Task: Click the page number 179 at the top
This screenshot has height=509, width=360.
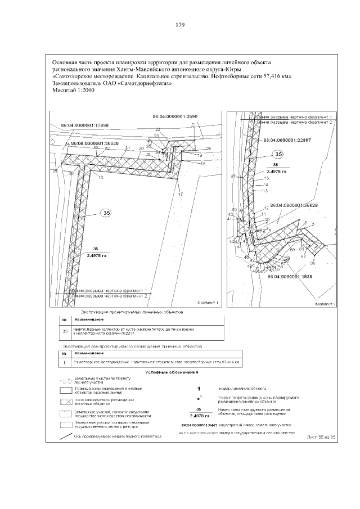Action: [180, 25]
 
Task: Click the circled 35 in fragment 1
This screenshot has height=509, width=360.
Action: [106, 213]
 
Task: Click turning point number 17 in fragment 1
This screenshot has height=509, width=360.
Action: [181, 194]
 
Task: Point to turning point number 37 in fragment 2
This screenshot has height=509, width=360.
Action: [232, 176]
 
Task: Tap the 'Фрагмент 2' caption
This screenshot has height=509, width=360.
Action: [325, 303]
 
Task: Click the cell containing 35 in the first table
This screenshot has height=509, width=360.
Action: [65, 331]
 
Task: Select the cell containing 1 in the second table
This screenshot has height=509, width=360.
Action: [65, 362]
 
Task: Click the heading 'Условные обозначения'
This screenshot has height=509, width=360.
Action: [172, 372]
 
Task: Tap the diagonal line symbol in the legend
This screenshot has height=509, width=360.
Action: [66, 436]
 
